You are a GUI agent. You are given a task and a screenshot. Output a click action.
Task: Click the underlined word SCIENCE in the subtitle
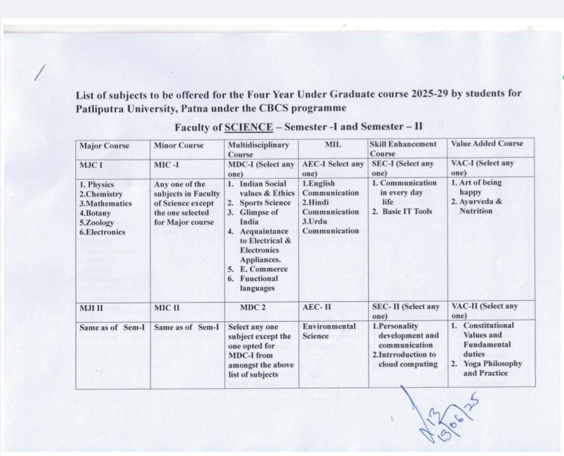click(249, 127)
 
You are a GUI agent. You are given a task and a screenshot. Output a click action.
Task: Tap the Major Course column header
click(104, 146)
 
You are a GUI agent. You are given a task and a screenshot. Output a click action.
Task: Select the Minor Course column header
click(179, 145)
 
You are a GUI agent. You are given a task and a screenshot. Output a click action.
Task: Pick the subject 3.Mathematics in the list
click(106, 203)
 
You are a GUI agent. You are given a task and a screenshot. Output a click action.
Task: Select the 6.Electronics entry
click(102, 232)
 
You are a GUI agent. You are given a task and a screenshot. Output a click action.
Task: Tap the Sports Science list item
click(265, 203)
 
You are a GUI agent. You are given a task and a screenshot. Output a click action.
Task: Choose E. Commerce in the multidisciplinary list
click(263, 269)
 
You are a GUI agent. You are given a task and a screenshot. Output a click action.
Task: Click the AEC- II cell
click(317, 307)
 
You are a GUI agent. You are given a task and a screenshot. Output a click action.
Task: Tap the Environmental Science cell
click(329, 331)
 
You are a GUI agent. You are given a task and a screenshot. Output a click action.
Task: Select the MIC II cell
click(167, 308)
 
